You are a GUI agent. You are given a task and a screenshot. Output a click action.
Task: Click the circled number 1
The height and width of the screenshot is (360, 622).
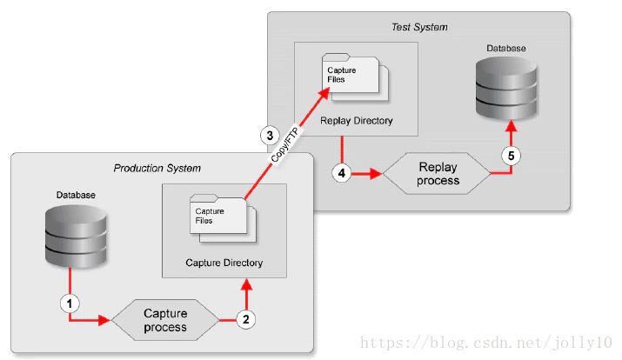[x=69, y=303]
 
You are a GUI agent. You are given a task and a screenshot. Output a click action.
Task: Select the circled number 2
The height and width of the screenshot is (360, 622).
[x=246, y=319]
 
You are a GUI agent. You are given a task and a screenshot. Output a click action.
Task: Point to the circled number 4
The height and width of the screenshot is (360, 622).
[x=342, y=173]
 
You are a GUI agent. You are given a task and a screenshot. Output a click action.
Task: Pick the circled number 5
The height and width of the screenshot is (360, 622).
[x=511, y=157]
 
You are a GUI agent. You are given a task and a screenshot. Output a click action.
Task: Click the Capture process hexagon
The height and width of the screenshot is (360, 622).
[x=165, y=320]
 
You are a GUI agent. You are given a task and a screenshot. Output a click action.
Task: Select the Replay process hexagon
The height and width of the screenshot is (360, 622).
[x=438, y=174]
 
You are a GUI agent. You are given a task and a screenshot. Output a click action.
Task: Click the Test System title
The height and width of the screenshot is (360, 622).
[x=419, y=27]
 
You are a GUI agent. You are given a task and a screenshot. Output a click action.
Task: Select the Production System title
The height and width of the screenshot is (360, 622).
[x=157, y=167]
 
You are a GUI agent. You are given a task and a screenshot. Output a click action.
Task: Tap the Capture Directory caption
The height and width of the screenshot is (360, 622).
[x=224, y=262]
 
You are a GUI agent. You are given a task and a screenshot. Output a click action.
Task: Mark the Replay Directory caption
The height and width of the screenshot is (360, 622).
[x=356, y=121]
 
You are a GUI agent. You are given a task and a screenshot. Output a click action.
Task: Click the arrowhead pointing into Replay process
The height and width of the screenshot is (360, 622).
[x=377, y=174]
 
